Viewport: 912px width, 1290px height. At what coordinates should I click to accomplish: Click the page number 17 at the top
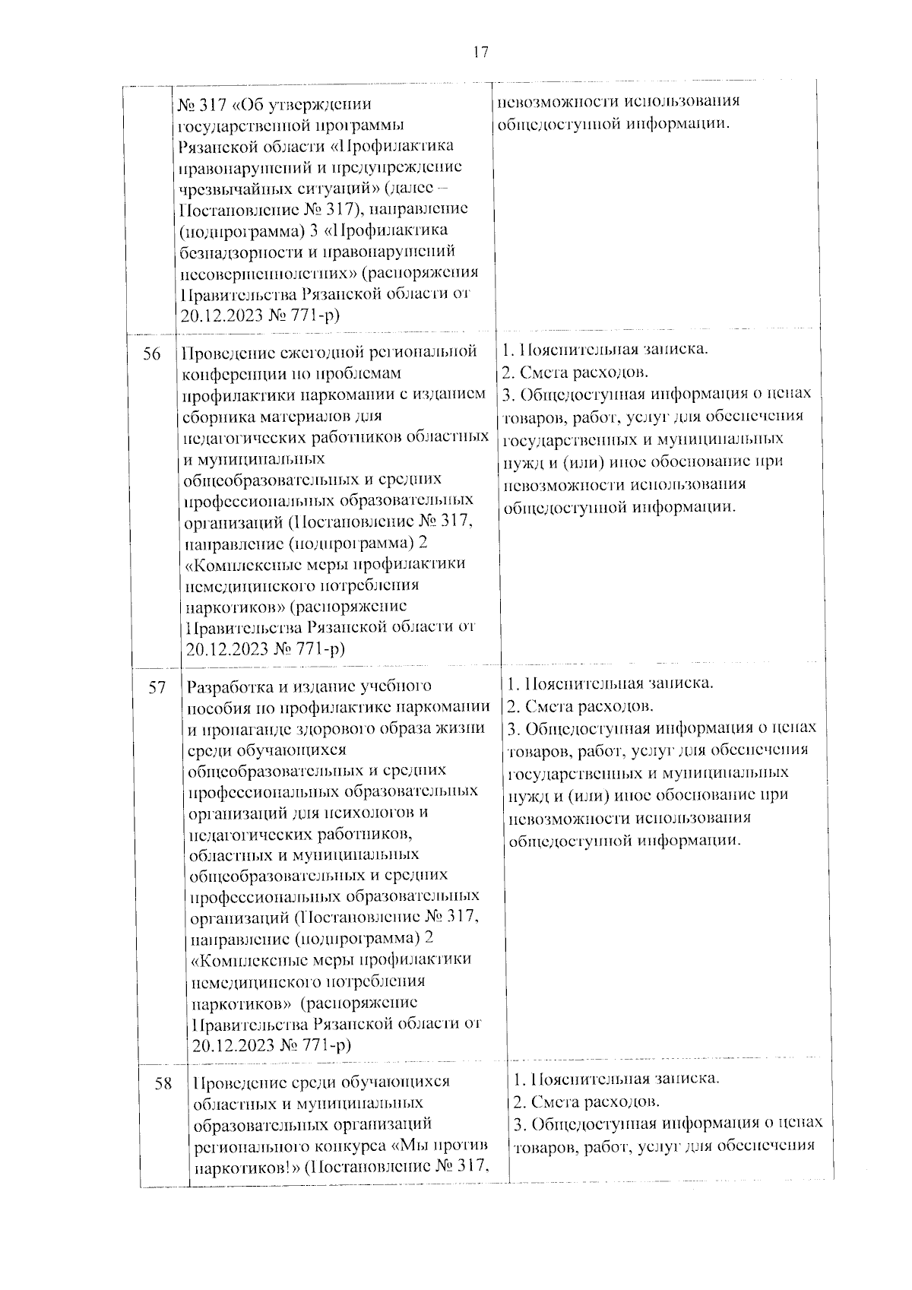tap(480, 52)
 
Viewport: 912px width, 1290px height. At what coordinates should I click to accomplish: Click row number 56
tap(152, 354)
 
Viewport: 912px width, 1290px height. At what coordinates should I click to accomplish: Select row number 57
tap(157, 688)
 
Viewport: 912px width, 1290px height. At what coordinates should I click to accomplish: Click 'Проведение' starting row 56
tap(220, 353)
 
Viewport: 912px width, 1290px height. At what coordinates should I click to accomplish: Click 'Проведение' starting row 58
tap(233, 1082)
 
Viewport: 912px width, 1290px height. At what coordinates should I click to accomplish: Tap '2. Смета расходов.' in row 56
tap(575, 372)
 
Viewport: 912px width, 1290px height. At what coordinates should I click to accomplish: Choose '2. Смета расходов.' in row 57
tap(581, 706)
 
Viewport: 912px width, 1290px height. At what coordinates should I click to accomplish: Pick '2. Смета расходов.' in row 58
tap(586, 1101)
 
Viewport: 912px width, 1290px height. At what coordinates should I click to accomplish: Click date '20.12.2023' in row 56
tap(221, 648)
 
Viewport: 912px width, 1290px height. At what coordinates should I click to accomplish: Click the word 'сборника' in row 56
tap(214, 417)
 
